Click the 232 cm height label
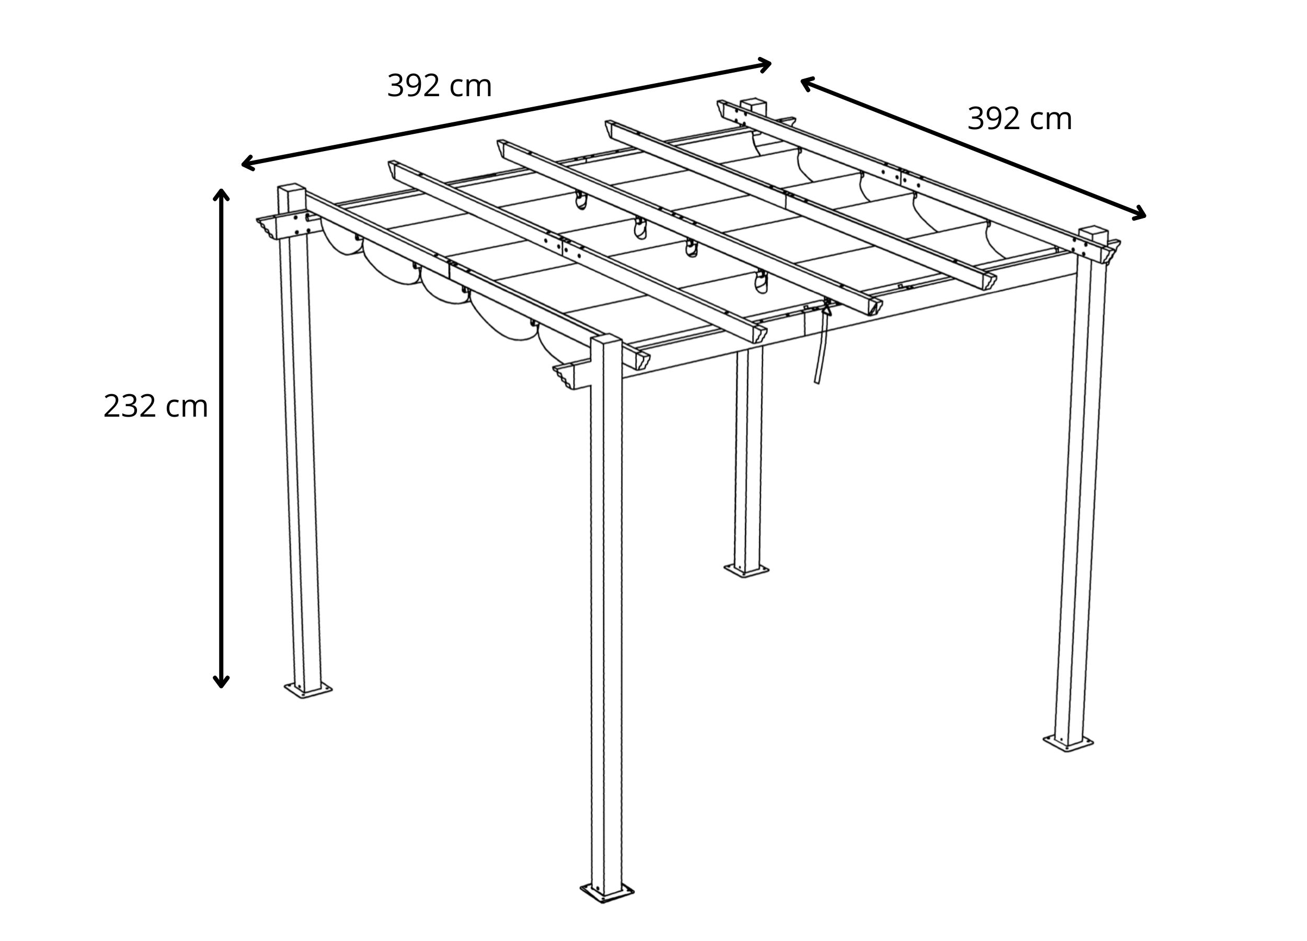(x=156, y=406)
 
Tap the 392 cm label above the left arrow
(x=439, y=86)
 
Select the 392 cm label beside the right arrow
(x=1019, y=119)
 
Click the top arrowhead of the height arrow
(x=221, y=194)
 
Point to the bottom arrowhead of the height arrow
(x=221, y=682)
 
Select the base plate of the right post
(x=1068, y=743)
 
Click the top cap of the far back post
(x=754, y=104)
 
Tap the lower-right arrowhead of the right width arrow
(x=1139, y=214)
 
